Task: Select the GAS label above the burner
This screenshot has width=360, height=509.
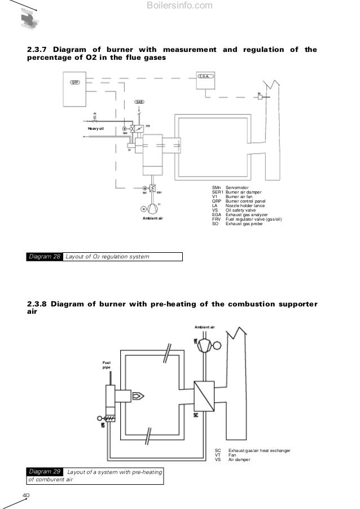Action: point(139,102)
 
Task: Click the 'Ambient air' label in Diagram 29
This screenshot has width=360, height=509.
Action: point(204,327)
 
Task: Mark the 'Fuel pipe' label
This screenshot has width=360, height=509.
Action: point(106,365)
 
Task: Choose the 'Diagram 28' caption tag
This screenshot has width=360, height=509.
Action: point(45,257)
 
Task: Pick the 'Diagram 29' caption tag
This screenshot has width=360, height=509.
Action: point(45,471)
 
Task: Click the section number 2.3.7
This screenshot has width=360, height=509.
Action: point(37,50)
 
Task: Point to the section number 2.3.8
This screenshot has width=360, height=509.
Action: point(37,304)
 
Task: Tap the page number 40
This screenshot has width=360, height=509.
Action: point(25,495)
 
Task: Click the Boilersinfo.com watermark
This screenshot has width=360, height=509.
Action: point(179,6)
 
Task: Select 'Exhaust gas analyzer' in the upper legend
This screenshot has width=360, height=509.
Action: point(246,215)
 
